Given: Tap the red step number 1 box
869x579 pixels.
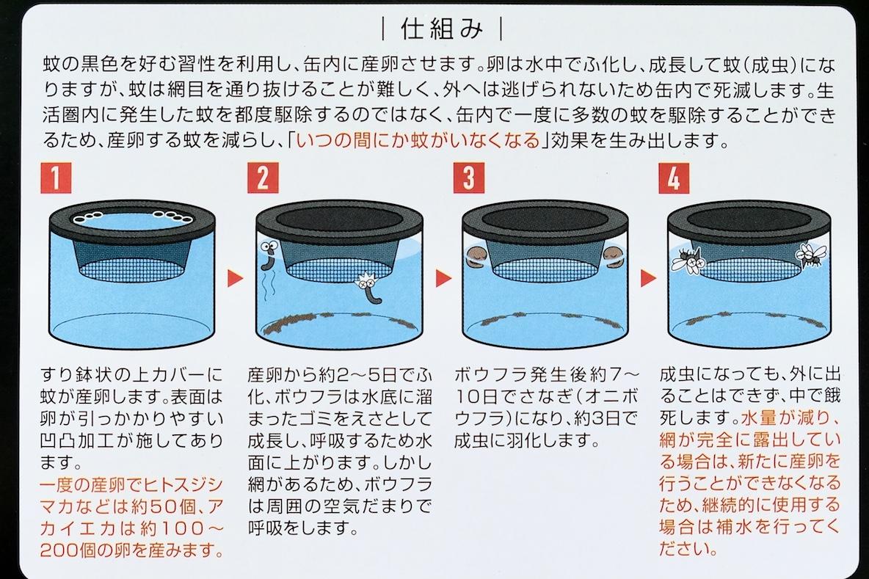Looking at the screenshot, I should [x=57, y=178].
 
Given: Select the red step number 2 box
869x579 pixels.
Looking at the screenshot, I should [x=263, y=178].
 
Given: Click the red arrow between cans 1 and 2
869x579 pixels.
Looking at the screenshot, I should [x=234, y=278].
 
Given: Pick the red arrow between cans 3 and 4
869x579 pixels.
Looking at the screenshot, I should [x=647, y=278].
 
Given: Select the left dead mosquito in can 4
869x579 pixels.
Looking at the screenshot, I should [x=688, y=258].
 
